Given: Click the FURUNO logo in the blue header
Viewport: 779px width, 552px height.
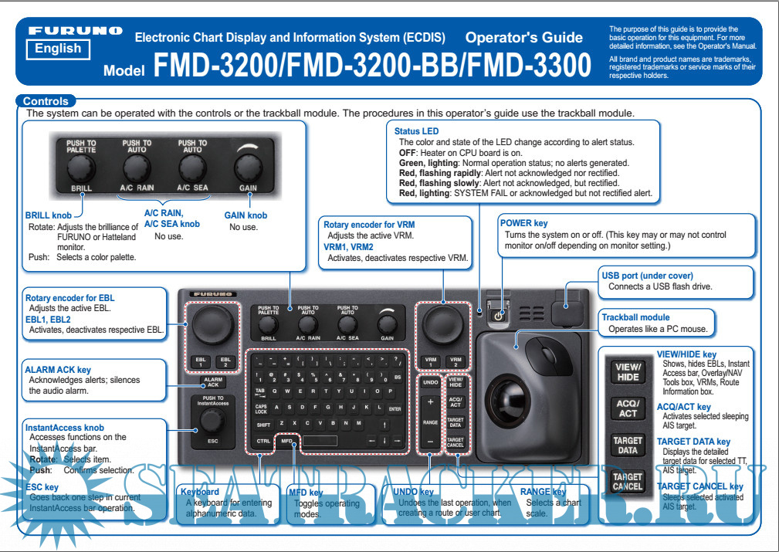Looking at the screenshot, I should pyautogui.click(x=75, y=31).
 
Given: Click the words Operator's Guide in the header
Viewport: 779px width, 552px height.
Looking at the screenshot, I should pyautogui.click(x=524, y=37).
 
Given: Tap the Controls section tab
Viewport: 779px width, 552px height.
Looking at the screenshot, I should pyautogui.click(x=46, y=101).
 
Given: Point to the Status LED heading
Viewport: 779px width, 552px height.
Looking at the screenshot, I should pyautogui.click(x=419, y=132).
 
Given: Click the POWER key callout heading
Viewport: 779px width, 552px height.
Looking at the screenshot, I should pyautogui.click(x=523, y=223).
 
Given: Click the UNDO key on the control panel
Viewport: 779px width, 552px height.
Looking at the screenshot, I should pyautogui.click(x=431, y=382).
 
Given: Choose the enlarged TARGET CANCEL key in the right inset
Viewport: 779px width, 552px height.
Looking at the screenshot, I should pyautogui.click(x=628, y=482).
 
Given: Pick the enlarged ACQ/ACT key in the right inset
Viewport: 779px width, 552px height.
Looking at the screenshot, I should pyautogui.click(x=628, y=409).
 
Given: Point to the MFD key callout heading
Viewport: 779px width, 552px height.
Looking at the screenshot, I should pyautogui.click(x=306, y=491).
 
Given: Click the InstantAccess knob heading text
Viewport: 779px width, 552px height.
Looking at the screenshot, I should pyautogui.click(x=65, y=427).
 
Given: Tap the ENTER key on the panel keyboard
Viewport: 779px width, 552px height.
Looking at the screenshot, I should pyautogui.click(x=395, y=408).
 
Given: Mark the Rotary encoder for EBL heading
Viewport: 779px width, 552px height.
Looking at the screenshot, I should pyautogui.click(x=69, y=297).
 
